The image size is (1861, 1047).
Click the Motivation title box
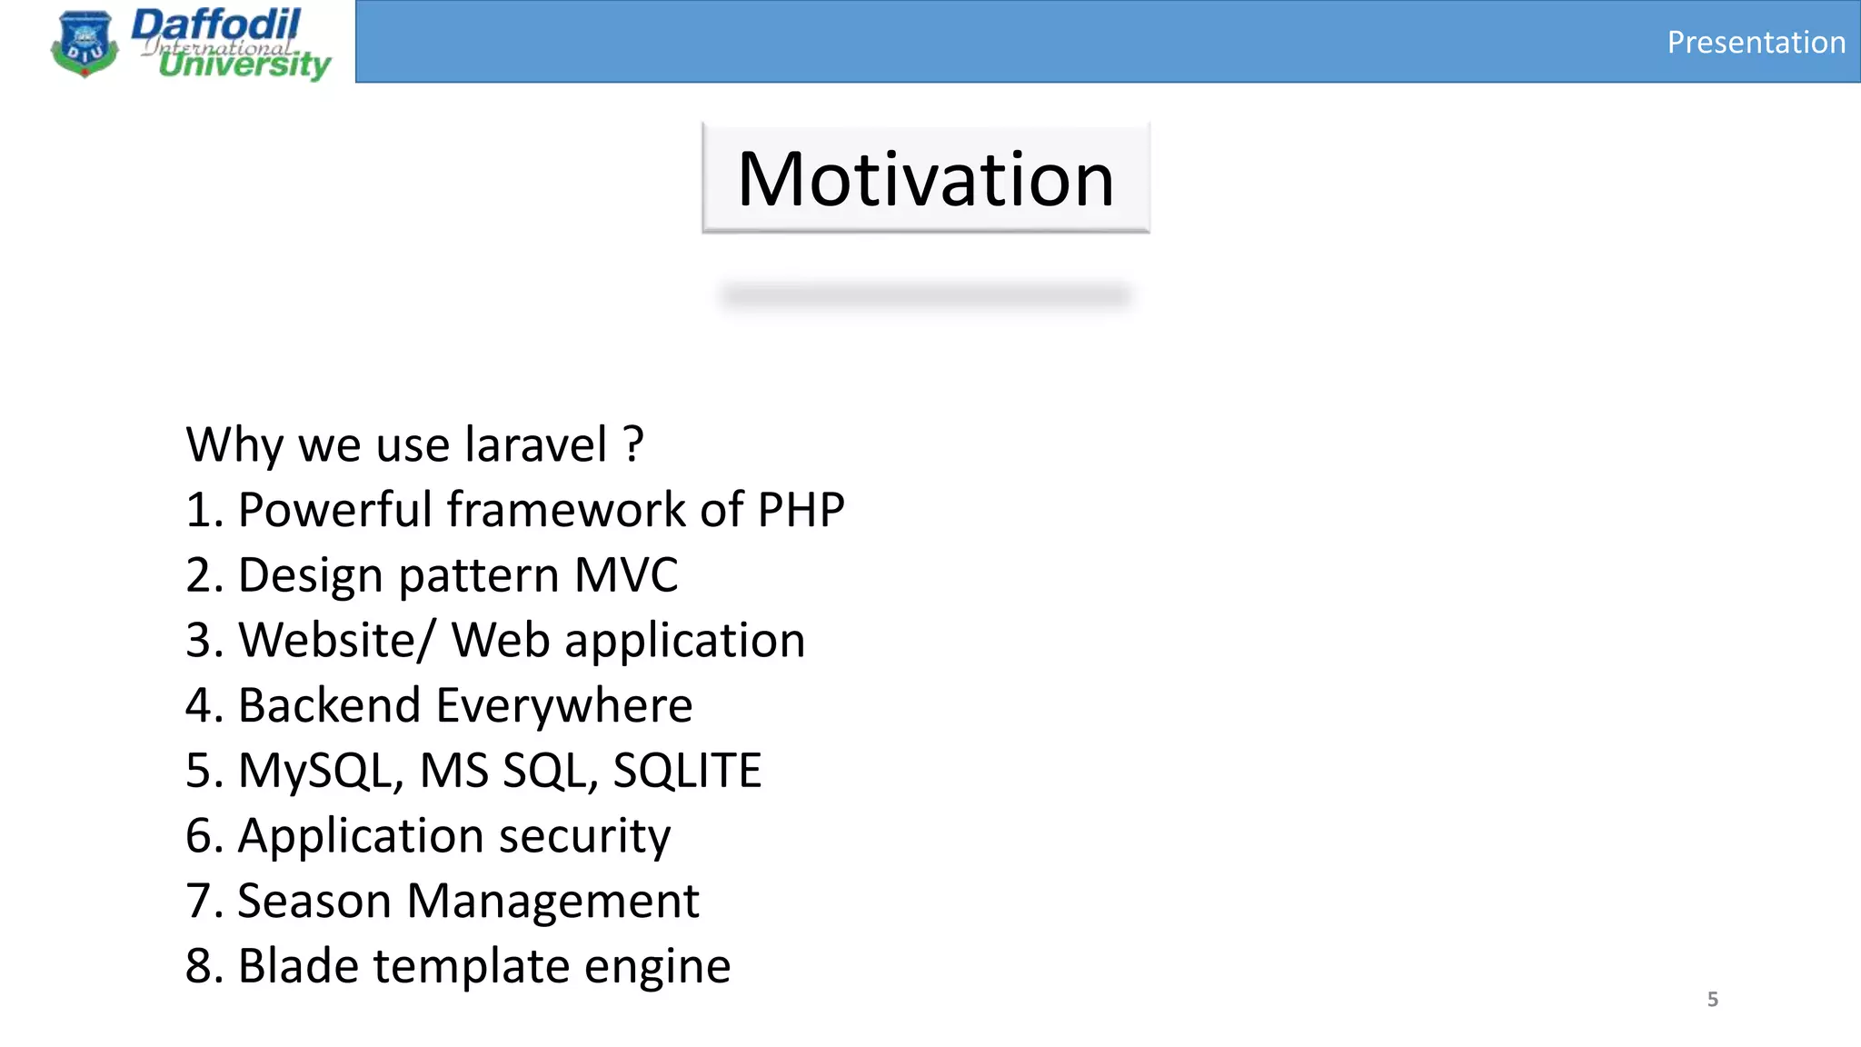click(x=925, y=178)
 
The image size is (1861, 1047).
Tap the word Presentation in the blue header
click(x=1756, y=43)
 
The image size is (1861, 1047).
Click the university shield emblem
click(x=85, y=44)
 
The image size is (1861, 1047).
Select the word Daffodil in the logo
click(x=216, y=24)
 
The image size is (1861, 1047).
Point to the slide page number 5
click(x=1712, y=999)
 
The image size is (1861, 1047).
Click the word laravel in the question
click(x=535, y=444)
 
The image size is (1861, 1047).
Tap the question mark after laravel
click(x=633, y=444)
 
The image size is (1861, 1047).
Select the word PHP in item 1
click(x=801, y=510)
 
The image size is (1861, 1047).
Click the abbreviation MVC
click(x=626, y=575)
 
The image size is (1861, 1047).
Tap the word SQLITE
click(x=687, y=771)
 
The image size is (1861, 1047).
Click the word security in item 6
click(x=584, y=836)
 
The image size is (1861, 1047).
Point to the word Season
click(x=314, y=902)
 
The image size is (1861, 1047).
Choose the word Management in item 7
click(x=552, y=902)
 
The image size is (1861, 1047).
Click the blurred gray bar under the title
click(x=925, y=295)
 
